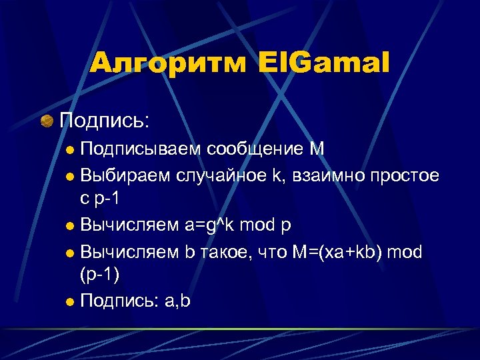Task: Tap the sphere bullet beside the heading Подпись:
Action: [47, 121]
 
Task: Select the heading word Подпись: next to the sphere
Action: [105, 121]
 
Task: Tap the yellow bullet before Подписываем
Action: [71, 149]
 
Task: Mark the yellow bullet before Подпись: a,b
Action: [71, 301]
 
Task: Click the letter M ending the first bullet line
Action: [317, 149]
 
